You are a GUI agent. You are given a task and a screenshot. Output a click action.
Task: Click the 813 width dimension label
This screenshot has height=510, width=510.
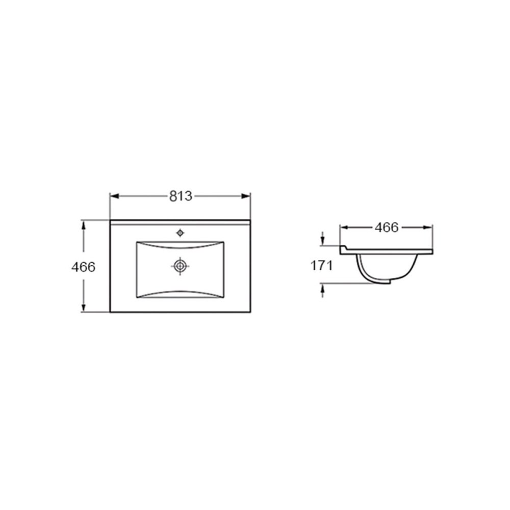[181, 196]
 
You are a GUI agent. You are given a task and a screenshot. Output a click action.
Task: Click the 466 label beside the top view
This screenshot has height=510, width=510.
[83, 267]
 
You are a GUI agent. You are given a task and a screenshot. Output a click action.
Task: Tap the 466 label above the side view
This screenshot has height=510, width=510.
[387, 227]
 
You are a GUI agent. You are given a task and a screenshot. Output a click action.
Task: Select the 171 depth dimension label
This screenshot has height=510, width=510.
[321, 265]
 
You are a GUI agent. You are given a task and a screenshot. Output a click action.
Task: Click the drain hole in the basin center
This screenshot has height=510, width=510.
[180, 266]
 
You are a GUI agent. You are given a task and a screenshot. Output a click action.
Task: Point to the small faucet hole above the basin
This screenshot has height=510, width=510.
[180, 233]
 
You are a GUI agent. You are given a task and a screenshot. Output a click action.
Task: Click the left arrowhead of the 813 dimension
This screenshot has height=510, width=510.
[114, 196]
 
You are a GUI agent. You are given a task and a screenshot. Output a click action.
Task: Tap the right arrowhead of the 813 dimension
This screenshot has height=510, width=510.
[246, 196]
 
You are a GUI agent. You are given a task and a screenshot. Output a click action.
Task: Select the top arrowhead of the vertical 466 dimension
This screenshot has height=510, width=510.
[83, 225]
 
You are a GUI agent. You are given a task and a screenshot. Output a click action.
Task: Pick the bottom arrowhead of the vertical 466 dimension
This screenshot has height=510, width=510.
[83, 308]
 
